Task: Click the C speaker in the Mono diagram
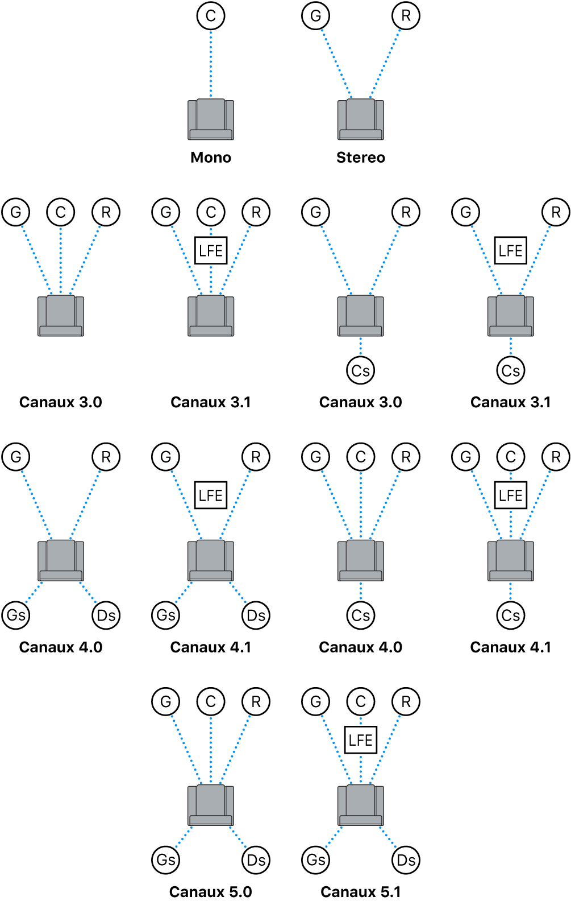coord(211,16)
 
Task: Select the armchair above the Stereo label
coord(361,119)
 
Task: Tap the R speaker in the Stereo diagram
coord(406,16)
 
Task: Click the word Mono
coord(211,158)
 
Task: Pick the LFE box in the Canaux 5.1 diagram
coord(361,740)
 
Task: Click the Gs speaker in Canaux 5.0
coord(166,859)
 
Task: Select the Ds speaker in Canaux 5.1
coord(406,859)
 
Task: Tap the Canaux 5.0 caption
coord(211,891)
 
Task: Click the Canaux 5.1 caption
coord(361,891)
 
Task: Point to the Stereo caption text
coord(361,158)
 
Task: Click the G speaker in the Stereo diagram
coord(316,16)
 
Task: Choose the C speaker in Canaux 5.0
coord(211,701)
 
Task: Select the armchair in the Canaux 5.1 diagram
coord(361,805)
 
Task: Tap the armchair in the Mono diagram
coord(211,119)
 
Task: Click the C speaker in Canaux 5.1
coord(361,701)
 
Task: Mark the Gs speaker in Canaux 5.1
coord(316,859)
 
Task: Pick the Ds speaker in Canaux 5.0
coord(256,859)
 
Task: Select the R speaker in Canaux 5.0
coord(256,701)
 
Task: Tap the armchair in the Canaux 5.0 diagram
coord(211,805)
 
